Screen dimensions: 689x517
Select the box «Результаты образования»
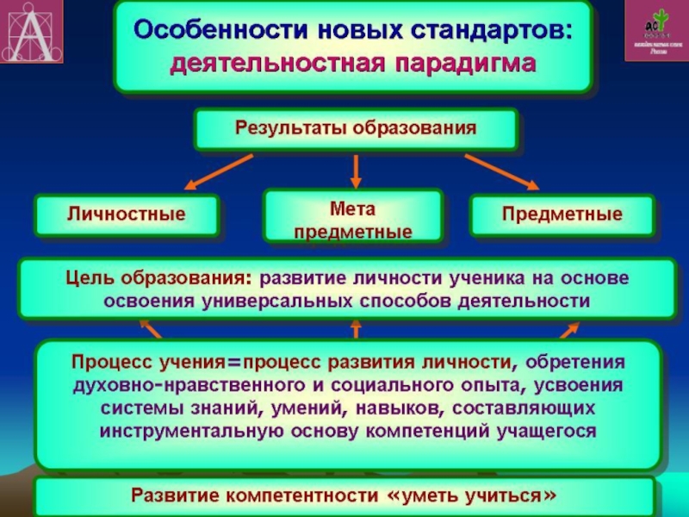click(x=356, y=128)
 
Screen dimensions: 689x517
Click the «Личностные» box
click(x=127, y=213)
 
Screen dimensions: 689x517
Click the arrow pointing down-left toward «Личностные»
click(x=219, y=171)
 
